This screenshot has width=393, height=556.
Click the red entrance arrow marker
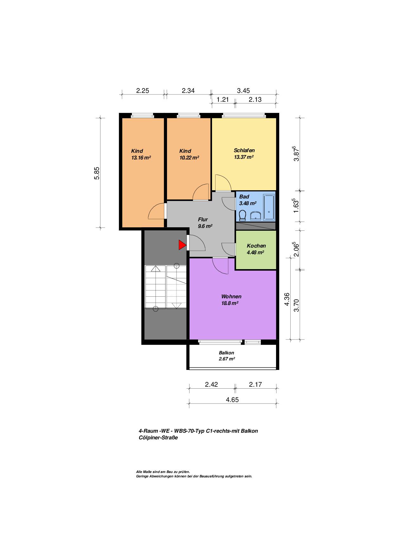182,245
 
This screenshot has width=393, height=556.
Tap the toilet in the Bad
243,215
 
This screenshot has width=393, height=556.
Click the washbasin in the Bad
255,216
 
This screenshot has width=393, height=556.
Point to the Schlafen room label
244,150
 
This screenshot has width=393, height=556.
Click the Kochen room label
256,246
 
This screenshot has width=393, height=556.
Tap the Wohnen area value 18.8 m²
230,303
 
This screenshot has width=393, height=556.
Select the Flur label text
203,219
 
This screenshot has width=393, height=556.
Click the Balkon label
227,353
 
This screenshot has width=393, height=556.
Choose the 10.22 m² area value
189,158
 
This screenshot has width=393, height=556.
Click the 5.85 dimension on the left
97,173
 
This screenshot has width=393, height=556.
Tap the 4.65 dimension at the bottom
232,400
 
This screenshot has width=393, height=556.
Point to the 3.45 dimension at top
243,91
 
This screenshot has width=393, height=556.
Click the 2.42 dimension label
211,385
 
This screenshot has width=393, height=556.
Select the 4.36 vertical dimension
287,299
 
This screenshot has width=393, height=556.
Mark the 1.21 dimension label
222,100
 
